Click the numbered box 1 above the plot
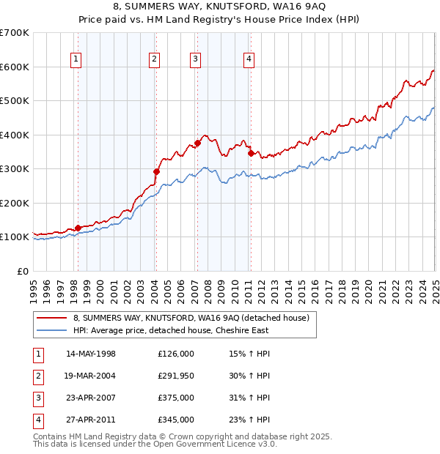(x=77, y=60)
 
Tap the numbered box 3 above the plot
(x=196, y=60)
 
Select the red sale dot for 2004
(x=156, y=172)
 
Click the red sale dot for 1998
(x=78, y=228)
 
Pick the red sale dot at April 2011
(x=251, y=154)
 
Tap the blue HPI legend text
(x=171, y=330)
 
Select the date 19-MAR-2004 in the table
(x=91, y=376)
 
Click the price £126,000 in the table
(x=176, y=354)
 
